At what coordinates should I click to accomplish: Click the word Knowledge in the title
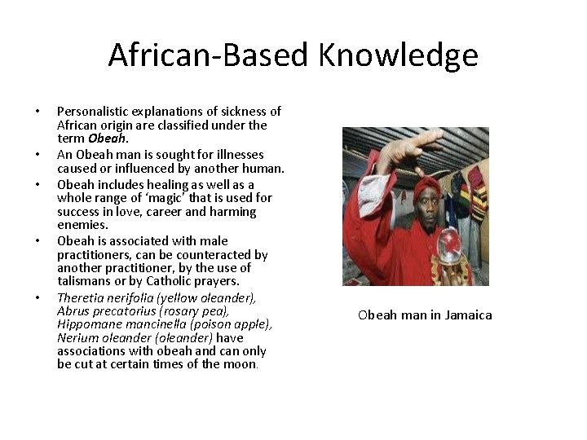[398, 55]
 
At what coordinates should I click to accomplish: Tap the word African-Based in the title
[208, 55]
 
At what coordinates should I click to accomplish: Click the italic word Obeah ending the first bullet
[105, 139]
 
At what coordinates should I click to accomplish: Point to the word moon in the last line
[240, 364]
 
